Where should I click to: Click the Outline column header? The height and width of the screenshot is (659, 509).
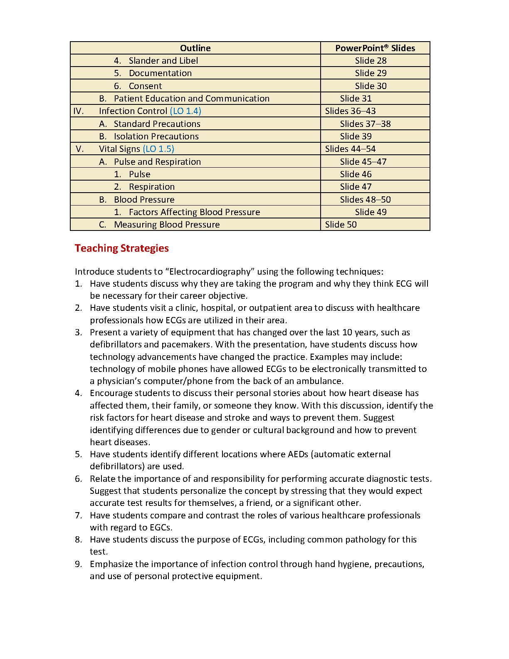tap(195, 48)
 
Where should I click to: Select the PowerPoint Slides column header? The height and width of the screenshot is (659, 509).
tap(375, 48)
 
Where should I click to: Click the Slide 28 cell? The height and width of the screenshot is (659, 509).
tap(371, 61)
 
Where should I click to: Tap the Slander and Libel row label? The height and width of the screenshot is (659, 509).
tap(163, 61)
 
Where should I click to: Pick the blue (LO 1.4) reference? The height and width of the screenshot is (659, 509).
tap(185, 111)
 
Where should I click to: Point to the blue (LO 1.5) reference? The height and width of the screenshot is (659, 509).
tap(158, 149)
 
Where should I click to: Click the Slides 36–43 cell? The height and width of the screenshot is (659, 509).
tap(350, 111)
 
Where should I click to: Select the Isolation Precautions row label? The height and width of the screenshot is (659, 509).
tap(156, 136)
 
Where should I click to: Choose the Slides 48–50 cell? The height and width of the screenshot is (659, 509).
tap(365, 200)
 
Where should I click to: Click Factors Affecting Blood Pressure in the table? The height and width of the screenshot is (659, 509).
tap(194, 212)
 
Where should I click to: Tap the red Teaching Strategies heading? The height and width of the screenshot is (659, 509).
tap(122, 248)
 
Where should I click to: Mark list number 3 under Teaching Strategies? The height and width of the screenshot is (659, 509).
tap(78, 332)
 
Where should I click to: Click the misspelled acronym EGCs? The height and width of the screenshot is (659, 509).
tap(161, 528)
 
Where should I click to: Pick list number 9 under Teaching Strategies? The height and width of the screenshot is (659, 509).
tap(78, 564)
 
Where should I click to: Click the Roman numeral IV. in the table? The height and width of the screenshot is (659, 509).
tap(79, 111)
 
